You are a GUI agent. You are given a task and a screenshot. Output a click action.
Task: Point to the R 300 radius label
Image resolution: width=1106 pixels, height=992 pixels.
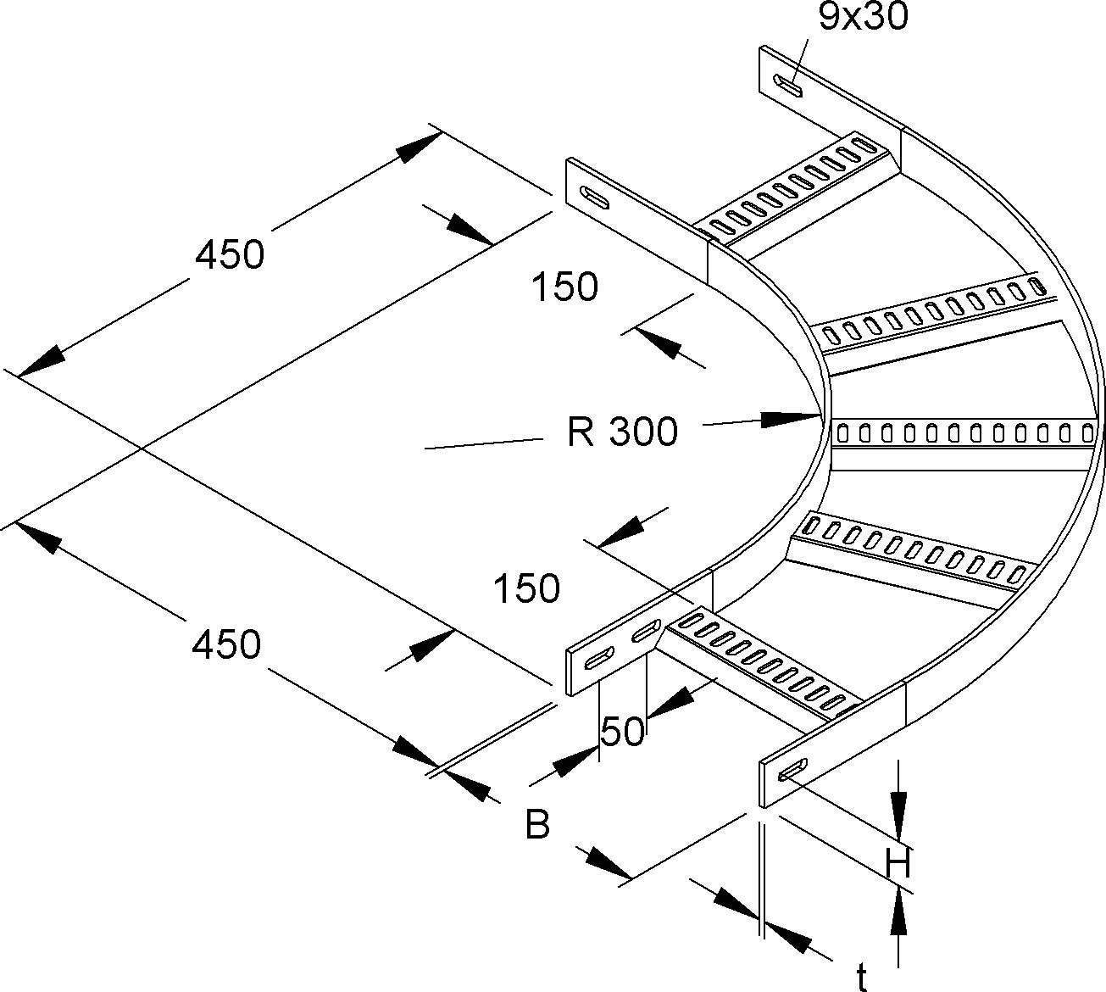[x=623, y=432]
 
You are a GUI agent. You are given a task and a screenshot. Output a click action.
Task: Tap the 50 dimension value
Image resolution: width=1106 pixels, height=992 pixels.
[x=623, y=731]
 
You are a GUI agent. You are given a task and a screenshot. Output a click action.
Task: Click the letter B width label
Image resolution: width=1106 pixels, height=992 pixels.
[x=537, y=824]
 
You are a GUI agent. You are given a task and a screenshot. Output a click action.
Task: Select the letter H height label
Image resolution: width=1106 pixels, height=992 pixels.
[x=898, y=865]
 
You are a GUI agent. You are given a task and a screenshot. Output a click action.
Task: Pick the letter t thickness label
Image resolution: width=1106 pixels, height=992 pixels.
[x=861, y=978]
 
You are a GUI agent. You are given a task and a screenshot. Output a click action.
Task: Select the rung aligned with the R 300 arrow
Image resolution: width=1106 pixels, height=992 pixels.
[x=962, y=433]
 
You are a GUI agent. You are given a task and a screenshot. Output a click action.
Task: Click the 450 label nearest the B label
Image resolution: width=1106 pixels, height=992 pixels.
[x=226, y=645]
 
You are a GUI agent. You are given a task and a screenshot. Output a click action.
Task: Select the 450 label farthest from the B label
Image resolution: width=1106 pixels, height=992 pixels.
[x=230, y=254]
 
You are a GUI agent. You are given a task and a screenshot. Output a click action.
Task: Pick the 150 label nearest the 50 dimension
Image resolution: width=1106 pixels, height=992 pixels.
[x=527, y=588]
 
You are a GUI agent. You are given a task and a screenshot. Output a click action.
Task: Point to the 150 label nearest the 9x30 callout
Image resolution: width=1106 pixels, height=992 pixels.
[x=565, y=287]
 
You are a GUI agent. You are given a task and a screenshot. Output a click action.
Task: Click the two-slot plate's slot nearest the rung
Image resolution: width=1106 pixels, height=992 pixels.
[x=646, y=632]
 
